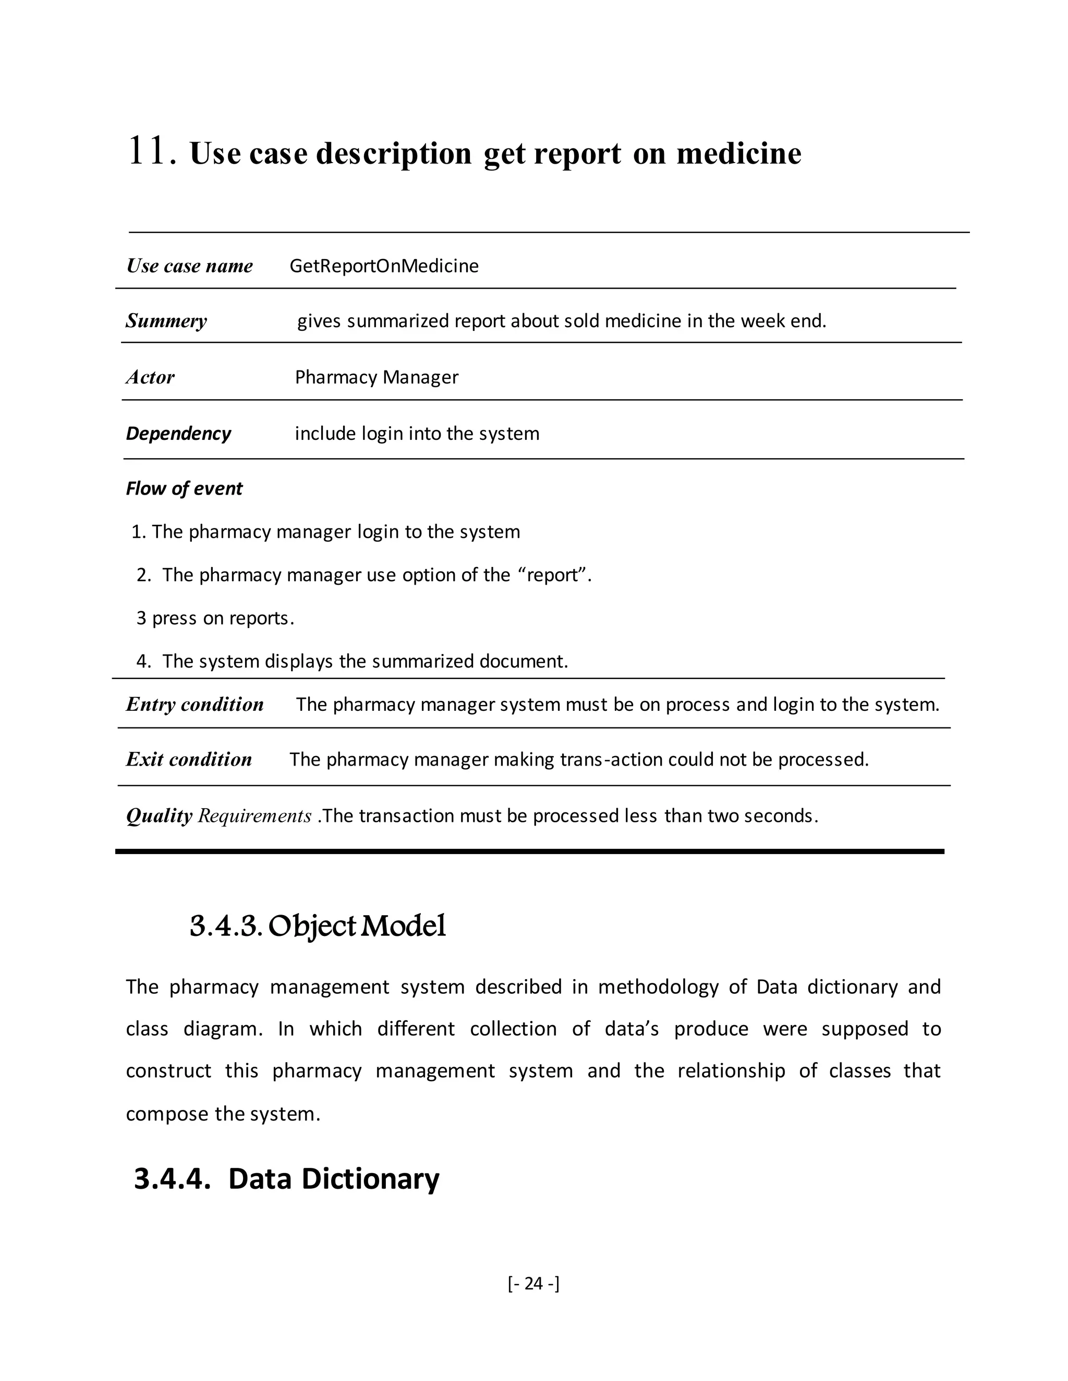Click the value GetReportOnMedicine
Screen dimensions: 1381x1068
[x=383, y=266]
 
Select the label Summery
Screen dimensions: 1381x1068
[x=166, y=321]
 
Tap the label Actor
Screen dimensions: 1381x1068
[x=150, y=377]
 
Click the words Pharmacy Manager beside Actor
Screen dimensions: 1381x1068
[x=377, y=377]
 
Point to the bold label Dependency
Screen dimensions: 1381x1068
[x=178, y=434]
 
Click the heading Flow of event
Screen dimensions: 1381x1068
[x=184, y=489]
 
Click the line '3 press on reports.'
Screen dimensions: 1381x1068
[x=215, y=618]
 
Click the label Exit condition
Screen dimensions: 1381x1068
[x=189, y=759]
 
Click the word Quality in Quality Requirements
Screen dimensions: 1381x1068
[x=159, y=816]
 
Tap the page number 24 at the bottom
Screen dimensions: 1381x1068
[x=533, y=1283]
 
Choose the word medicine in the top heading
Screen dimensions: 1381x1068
[x=738, y=154]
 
